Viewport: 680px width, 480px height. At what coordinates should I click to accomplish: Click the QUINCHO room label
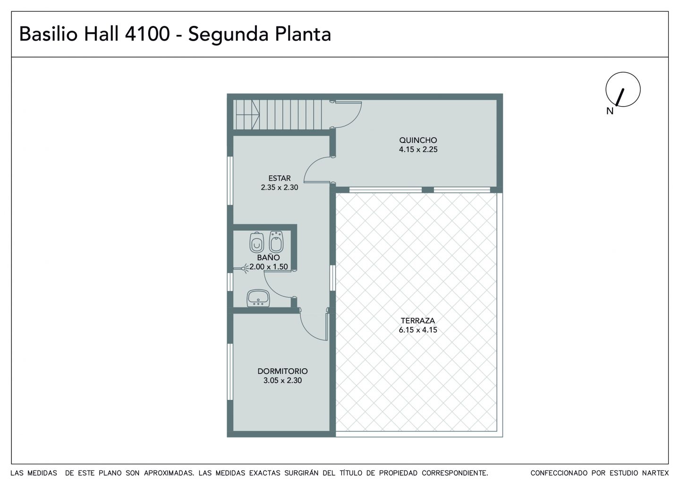coord(418,140)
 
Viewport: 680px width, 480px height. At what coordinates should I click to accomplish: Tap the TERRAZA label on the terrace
coord(418,320)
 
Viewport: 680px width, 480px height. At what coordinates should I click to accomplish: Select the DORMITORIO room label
coord(282,371)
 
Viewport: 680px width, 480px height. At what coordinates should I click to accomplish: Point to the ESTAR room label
coord(279,178)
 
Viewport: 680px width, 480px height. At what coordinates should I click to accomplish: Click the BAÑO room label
coord(268,257)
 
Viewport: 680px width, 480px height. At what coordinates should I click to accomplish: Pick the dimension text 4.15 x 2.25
coord(418,149)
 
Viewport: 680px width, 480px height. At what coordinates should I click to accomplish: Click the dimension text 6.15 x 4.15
coord(418,330)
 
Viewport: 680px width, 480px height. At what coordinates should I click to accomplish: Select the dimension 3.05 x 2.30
coord(282,381)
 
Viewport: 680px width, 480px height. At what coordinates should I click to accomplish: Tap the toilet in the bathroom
coord(256,242)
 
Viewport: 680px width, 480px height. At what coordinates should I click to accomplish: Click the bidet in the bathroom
coord(276,241)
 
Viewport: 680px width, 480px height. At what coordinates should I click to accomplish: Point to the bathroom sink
coord(258,298)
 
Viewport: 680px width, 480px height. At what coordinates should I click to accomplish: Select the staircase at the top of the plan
coord(278,115)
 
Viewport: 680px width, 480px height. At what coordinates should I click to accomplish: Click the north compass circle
coord(623,73)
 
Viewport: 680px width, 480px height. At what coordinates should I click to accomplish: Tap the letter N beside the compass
coord(610,111)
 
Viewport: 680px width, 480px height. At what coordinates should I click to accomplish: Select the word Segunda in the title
coord(228,35)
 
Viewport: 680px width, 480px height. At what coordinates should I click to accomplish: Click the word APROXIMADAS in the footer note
coord(169,473)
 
